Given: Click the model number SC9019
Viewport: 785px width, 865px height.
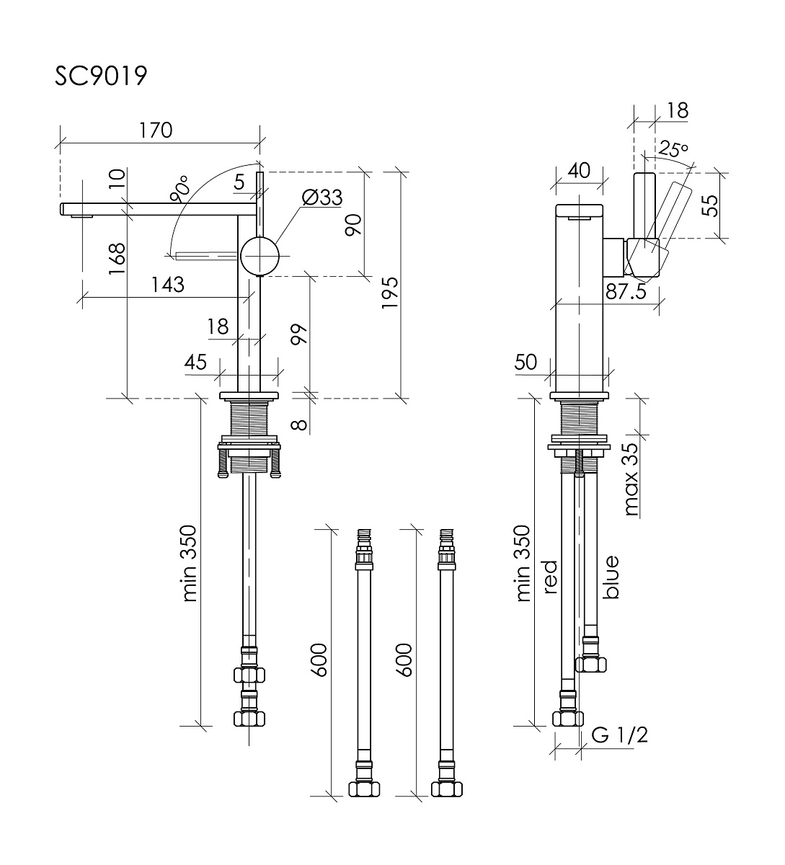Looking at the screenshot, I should [101, 75].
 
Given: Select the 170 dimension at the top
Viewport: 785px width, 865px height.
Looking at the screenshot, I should [156, 130].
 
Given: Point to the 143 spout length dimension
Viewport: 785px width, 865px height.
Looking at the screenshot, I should [167, 285].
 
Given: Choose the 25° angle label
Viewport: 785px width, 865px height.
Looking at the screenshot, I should [674, 151].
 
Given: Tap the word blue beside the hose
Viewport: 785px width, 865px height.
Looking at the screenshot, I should [611, 577].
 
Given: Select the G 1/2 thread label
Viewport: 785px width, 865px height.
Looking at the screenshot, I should [619, 735].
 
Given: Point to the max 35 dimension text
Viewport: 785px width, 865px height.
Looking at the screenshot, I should [632, 480].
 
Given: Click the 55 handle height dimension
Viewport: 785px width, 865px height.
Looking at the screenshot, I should [711, 205].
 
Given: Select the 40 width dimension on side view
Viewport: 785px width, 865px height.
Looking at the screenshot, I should [579, 170].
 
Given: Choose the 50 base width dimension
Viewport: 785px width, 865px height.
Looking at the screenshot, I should [527, 361].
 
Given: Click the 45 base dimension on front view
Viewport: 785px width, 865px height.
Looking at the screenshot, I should [195, 361].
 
